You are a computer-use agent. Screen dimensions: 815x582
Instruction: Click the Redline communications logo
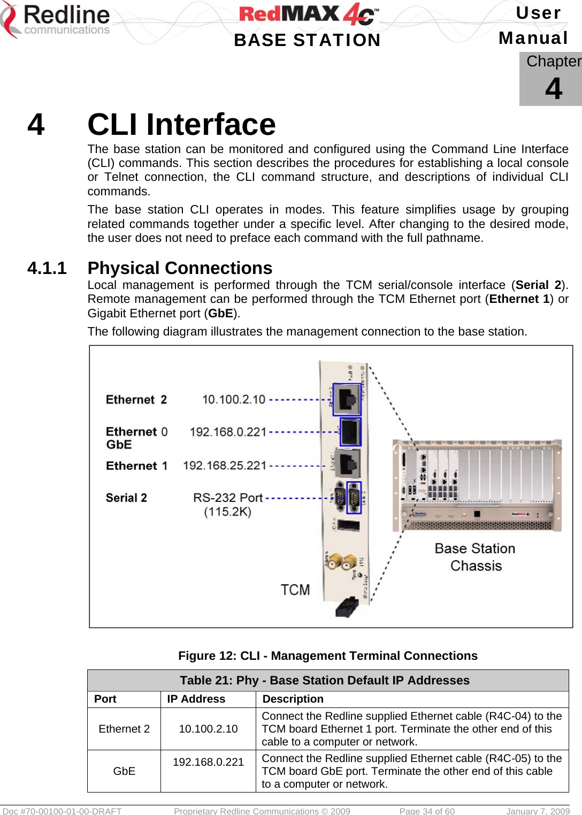point(56,20)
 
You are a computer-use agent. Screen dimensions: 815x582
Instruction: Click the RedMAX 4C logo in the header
point(309,14)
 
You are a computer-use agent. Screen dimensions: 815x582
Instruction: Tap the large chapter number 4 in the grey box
point(554,88)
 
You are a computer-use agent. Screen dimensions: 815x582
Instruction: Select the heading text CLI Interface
point(181,125)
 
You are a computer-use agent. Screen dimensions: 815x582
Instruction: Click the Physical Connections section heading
point(180,268)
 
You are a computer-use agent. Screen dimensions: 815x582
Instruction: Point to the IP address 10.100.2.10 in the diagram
point(234,400)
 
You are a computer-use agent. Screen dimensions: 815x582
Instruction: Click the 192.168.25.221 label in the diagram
point(225,466)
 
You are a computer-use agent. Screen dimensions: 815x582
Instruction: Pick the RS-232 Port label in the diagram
point(228,498)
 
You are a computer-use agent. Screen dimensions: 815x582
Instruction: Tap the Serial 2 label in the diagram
point(126,498)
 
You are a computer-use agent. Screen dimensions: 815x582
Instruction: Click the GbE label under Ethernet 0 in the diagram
point(119,445)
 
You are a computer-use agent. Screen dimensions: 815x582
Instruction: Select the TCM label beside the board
point(295,590)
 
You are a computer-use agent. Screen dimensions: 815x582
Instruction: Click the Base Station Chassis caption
point(475,557)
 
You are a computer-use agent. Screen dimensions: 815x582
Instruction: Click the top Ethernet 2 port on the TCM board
point(347,399)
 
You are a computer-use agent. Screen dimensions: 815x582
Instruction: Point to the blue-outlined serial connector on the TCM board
point(354,497)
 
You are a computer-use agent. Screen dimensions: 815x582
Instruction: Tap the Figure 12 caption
point(328,656)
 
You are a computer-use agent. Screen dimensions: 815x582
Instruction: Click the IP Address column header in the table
point(196,699)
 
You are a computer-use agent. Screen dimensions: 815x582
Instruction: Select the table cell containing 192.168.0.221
point(208,762)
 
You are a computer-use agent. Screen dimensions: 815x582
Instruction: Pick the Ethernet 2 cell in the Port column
point(124,729)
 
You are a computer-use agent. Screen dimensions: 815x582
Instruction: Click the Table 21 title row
point(325,680)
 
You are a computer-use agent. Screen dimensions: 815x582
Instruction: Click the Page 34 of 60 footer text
point(427,811)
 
